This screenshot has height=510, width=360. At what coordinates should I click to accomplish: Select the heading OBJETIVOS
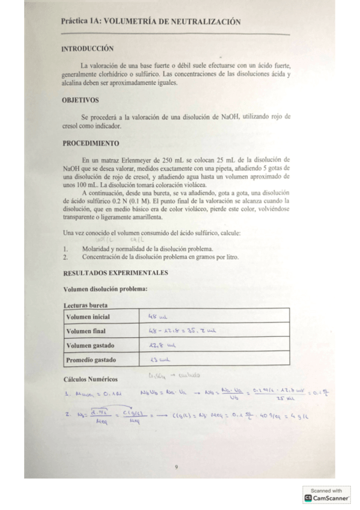pos(81,100)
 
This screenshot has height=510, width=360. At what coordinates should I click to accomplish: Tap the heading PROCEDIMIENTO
pos(91,143)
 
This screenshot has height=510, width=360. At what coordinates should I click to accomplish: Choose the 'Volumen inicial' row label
pos(88,316)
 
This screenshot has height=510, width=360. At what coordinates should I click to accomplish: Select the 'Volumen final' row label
pos(85,331)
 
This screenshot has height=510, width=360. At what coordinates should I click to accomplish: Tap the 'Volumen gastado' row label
pos(90,345)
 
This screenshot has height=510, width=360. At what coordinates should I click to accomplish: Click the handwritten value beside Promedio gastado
pos(157,360)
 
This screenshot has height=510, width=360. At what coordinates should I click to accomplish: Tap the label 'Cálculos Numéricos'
pos(90,379)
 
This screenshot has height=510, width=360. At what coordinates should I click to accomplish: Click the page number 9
pos(175,467)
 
